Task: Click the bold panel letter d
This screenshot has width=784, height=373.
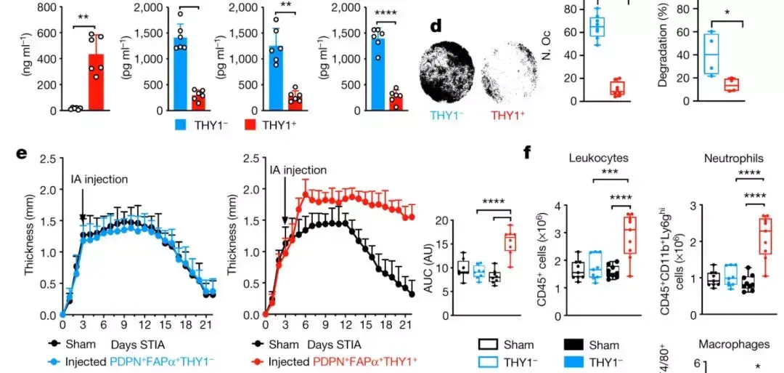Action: (x=436, y=26)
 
